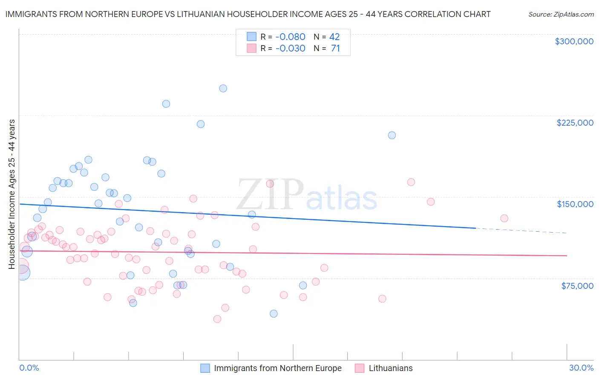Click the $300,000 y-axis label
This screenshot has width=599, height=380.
pyautogui.click(x=573, y=41)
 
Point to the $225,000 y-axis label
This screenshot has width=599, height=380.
pyautogui.click(x=574, y=123)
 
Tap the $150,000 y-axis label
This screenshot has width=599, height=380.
pyautogui.click(x=575, y=204)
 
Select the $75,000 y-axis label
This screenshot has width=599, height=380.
pyautogui.click(x=577, y=286)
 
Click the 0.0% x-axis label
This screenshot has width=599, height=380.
pyautogui.click(x=29, y=368)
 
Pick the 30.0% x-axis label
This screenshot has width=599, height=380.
pyautogui.click(x=581, y=368)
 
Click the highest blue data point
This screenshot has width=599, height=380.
pyautogui.click(x=223, y=89)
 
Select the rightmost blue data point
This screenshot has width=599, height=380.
pyautogui.click(x=392, y=135)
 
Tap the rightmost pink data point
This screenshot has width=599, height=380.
pyautogui.click(x=504, y=219)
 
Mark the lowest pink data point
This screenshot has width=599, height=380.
pyautogui.click(x=217, y=319)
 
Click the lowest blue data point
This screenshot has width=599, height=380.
pyautogui.click(x=274, y=314)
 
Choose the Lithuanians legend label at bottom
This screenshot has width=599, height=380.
pyautogui.click(x=390, y=368)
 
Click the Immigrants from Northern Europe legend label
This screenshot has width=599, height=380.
pyautogui.click(x=277, y=368)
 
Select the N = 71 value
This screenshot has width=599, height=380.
pyautogui.click(x=327, y=49)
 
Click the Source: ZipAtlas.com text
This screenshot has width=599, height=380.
pyautogui.click(x=561, y=14)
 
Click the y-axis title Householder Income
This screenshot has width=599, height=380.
pyautogui.click(x=12, y=194)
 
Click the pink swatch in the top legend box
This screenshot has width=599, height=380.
pyautogui.click(x=252, y=49)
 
